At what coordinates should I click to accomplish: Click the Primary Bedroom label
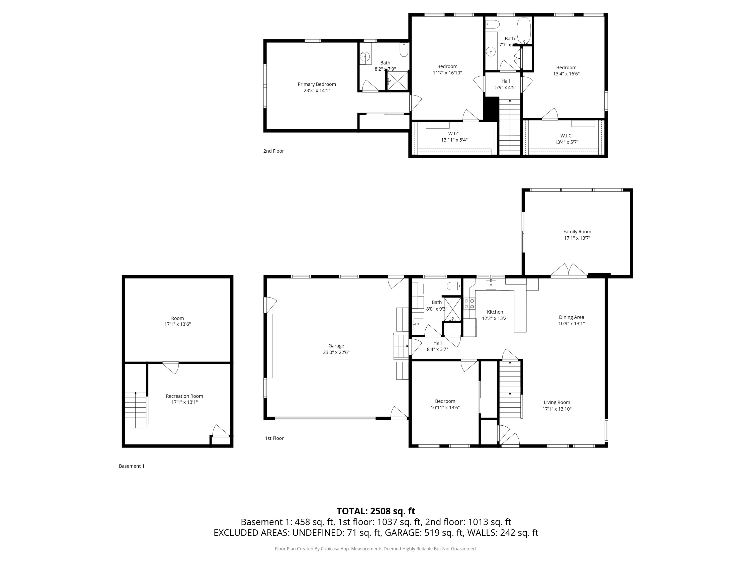pos(317,84)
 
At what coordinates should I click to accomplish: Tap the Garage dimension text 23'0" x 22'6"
pos(336,352)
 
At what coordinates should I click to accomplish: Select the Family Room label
pos(577,232)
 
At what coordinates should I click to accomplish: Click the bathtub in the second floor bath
pos(524,31)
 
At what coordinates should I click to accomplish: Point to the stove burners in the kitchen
pos(469,304)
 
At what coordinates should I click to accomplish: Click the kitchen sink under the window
pos(491,285)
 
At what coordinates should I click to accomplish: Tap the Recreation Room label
pos(184,396)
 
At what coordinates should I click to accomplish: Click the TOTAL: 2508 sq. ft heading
pos(376,511)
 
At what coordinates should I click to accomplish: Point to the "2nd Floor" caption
pos(273,151)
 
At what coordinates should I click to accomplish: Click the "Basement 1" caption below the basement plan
pos(132,466)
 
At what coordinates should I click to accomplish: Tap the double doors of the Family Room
pos(569,271)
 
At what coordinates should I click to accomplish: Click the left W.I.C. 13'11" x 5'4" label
pos(454,137)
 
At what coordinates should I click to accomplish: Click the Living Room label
pos(556,403)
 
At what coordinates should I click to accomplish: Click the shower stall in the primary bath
pos(397,81)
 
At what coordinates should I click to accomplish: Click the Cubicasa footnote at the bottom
pos(376,549)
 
